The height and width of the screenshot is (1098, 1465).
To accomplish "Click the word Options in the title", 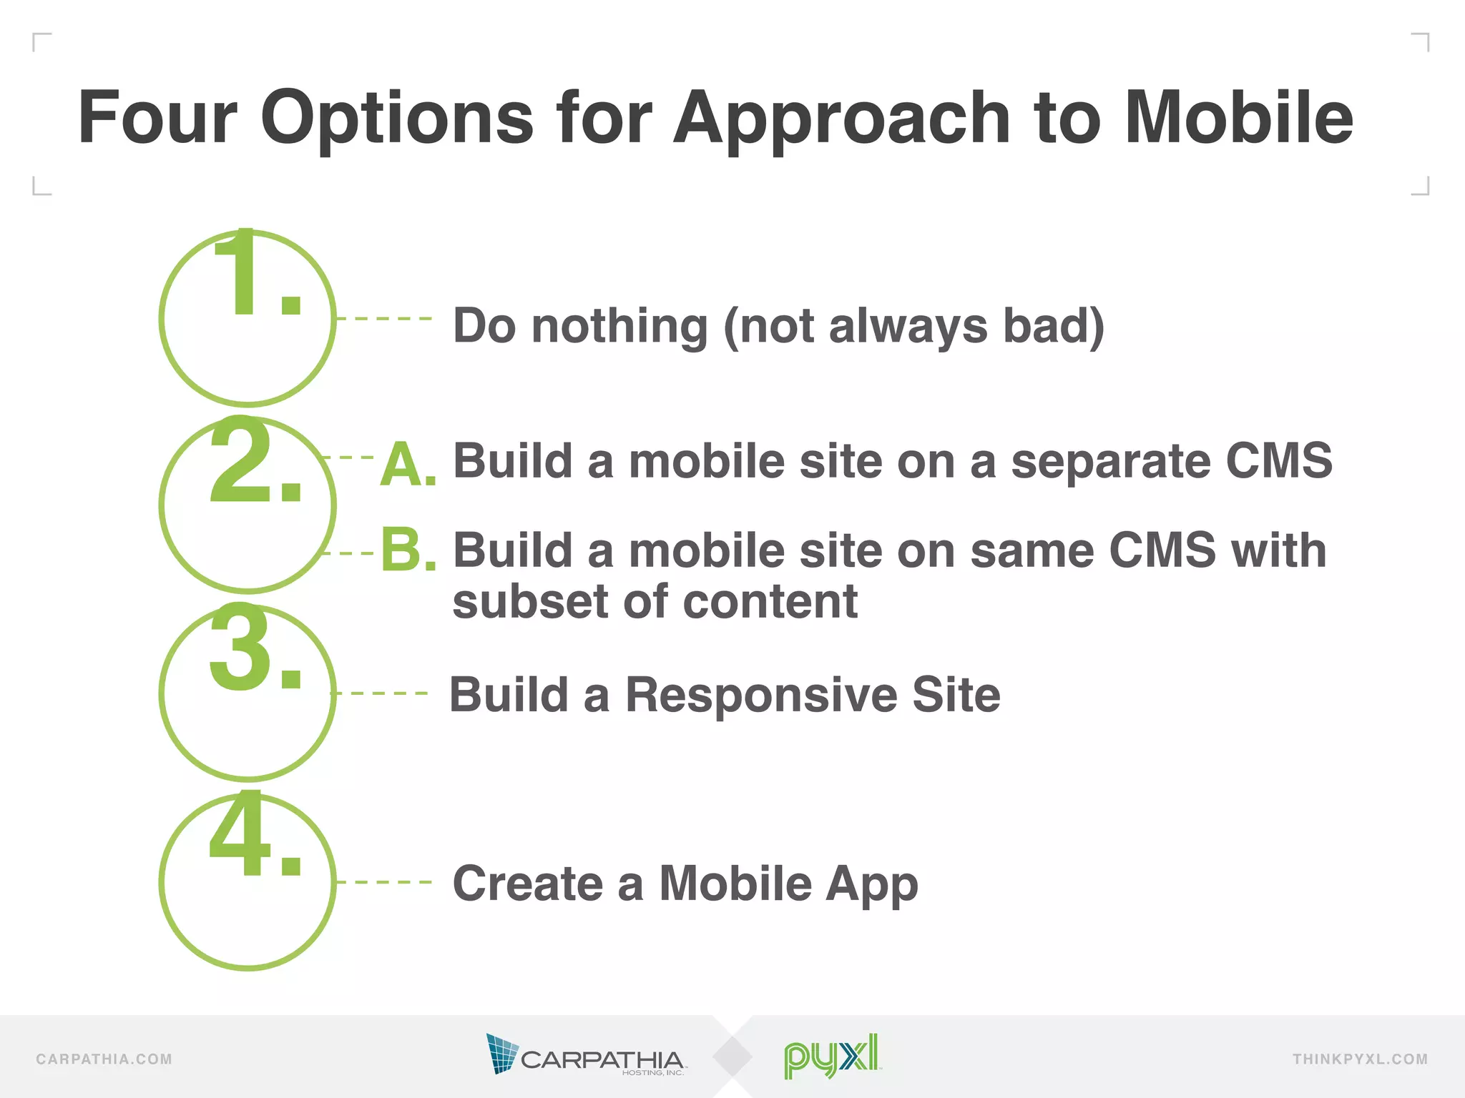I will (x=397, y=118).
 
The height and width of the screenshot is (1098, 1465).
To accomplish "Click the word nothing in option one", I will (x=619, y=326).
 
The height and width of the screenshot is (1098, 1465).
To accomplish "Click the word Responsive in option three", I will (x=761, y=695).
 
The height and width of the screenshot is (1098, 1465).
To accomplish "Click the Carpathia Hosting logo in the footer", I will (x=585, y=1055).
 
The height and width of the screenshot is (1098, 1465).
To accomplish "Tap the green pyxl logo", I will (x=831, y=1055).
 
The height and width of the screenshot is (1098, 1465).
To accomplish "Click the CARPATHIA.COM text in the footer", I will (x=104, y=1059).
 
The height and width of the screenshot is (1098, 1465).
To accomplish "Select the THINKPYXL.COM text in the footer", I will (x=1360, y=1059).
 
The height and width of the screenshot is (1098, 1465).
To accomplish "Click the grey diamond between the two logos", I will (x=732, y=1057).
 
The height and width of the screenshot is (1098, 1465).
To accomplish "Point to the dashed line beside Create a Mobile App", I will (x=384, y=882).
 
